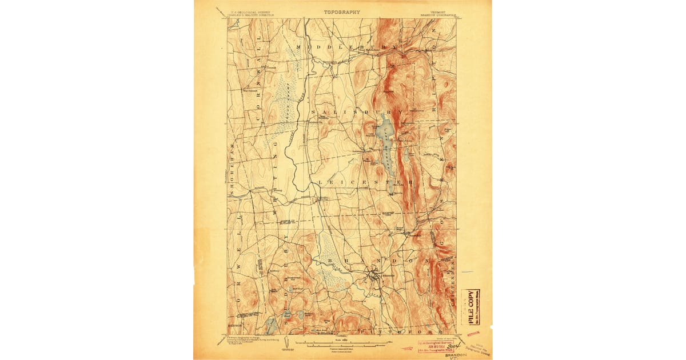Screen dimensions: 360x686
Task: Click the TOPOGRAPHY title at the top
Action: (342, 11)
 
